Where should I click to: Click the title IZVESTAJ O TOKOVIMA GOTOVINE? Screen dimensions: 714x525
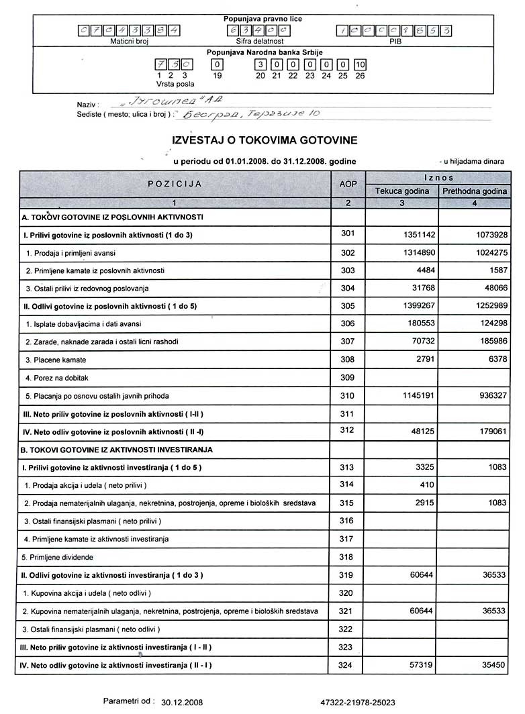[x=265, y=140]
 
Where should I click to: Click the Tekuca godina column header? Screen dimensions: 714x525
[x=401, y=191]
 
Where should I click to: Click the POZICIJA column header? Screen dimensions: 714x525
[x=175, y=183]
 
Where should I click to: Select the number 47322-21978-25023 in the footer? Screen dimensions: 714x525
[x=358, y=703]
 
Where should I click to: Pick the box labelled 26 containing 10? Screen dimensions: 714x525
[x=360, y=65]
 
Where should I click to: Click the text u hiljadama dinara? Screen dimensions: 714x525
[x=473, y=162]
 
